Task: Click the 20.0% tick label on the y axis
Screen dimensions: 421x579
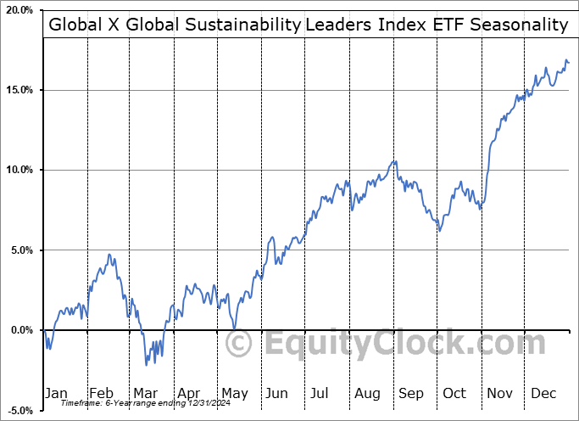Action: point(18,10)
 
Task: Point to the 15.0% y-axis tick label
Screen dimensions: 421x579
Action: point(18,90)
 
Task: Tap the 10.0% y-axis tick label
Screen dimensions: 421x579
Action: point(18,170)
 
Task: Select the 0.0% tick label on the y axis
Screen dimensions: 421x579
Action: point(20,330)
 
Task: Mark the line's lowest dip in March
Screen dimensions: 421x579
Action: point(147,365)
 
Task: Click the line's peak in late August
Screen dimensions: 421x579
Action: point(393,160)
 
